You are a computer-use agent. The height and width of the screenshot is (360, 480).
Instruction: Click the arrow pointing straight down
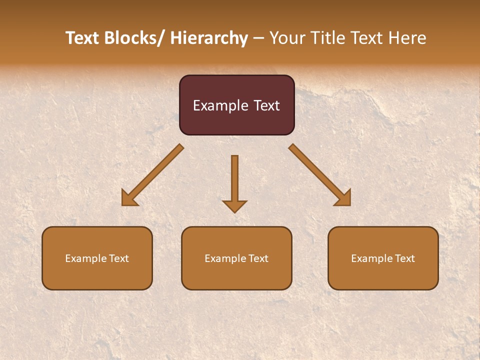234,180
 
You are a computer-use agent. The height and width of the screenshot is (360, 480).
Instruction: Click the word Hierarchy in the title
209,38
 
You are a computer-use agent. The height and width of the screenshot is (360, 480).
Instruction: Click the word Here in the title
407,38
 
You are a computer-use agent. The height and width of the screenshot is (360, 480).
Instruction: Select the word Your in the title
286,38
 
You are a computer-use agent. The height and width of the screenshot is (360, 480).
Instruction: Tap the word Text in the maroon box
266,105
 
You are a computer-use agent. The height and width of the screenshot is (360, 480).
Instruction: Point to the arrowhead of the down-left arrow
129,198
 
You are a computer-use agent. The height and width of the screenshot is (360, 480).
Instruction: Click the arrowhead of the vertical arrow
234,205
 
